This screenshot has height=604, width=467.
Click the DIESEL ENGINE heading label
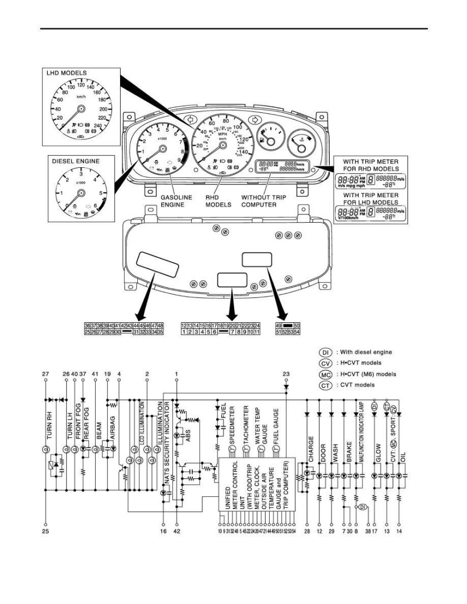(x=76, y=161)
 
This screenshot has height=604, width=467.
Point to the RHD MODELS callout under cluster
(x=218, y=201)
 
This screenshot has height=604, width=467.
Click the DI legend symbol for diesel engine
(x=326, y=352)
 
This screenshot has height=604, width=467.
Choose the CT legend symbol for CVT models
(x=326, y=385)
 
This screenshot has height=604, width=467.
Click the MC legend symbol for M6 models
(x=326, y=374)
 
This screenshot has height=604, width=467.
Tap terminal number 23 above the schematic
(x=286, y=375)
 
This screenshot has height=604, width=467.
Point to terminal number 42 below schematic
(x=177, y=532)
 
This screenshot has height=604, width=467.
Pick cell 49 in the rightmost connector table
(x=279, y=325)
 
